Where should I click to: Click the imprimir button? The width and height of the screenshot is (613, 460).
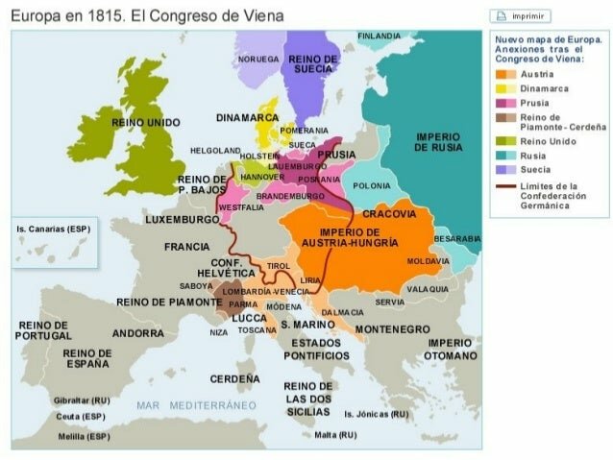[521, 16]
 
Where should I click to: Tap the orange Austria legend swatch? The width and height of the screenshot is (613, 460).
[502, 74]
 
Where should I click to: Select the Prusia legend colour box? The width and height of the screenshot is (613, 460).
[502, 103]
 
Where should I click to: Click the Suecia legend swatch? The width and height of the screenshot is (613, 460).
[502, 169]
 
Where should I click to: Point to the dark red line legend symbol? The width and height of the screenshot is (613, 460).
[502, 186]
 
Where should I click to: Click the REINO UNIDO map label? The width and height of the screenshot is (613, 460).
[145, 123]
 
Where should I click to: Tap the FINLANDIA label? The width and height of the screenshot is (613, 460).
[379, 36]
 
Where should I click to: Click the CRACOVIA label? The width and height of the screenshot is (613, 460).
[389, 213]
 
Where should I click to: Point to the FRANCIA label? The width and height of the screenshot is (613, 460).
[186, 247]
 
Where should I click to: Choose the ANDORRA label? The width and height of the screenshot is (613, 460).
[138, 333]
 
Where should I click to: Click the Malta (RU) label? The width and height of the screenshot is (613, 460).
[335, 434]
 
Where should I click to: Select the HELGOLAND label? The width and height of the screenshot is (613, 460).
[215, 151]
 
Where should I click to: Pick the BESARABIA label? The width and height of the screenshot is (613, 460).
[456, 238]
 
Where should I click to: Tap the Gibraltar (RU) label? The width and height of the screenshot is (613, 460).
[83, 399]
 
